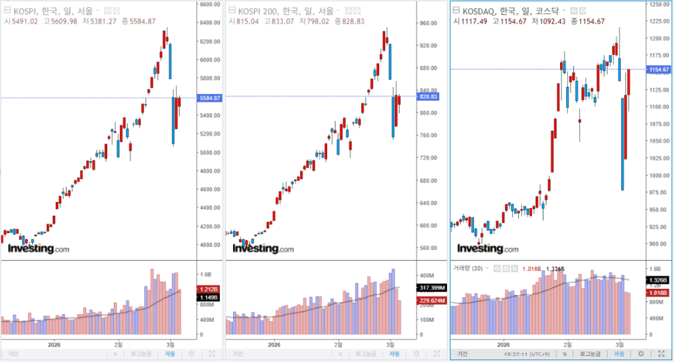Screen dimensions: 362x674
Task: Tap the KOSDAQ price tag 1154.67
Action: click(x=658, y=70)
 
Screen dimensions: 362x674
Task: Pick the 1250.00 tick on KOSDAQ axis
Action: click(x=658, y=5)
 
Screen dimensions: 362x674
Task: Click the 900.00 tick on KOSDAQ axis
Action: click(x=658, y=244)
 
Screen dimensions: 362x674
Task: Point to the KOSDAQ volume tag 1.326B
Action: click(x=658, y=281)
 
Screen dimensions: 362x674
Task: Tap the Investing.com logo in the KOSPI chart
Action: click(x=38, y=249)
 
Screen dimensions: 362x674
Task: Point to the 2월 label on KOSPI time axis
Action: click(x=118, y=344)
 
